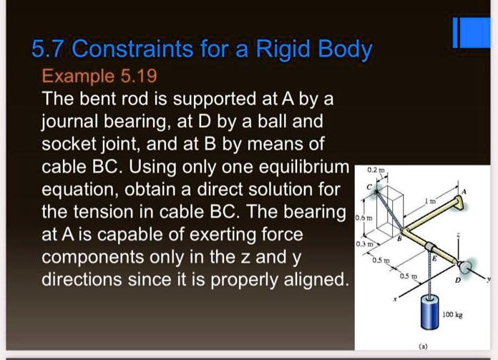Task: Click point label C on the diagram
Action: pyautogui.click(x=369, y=188)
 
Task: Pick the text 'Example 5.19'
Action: pyautogui.click(x=100, y=75)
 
